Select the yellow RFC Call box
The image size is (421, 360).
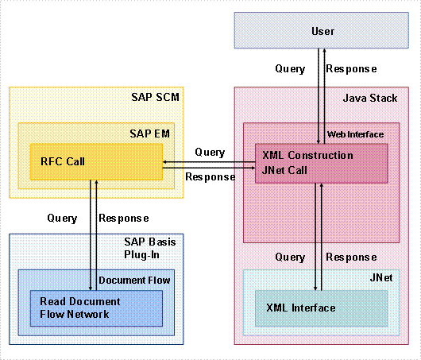[x=95, y=162]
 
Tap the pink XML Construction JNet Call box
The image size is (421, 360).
[x=321, y=163]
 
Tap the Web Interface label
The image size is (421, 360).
[x=356, y=135]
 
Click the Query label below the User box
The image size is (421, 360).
[x=289, y=69]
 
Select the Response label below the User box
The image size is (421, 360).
[x=351, y=69]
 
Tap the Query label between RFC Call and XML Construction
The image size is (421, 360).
[x=209, y=152]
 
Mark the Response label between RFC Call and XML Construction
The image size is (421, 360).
[x=210, y=176]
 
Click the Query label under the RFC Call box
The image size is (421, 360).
[x=62, y=217]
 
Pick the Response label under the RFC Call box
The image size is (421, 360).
[x=124, y=217]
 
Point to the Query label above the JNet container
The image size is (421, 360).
[x=289, y=257]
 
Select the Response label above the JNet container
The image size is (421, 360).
[x=351, y=257]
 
